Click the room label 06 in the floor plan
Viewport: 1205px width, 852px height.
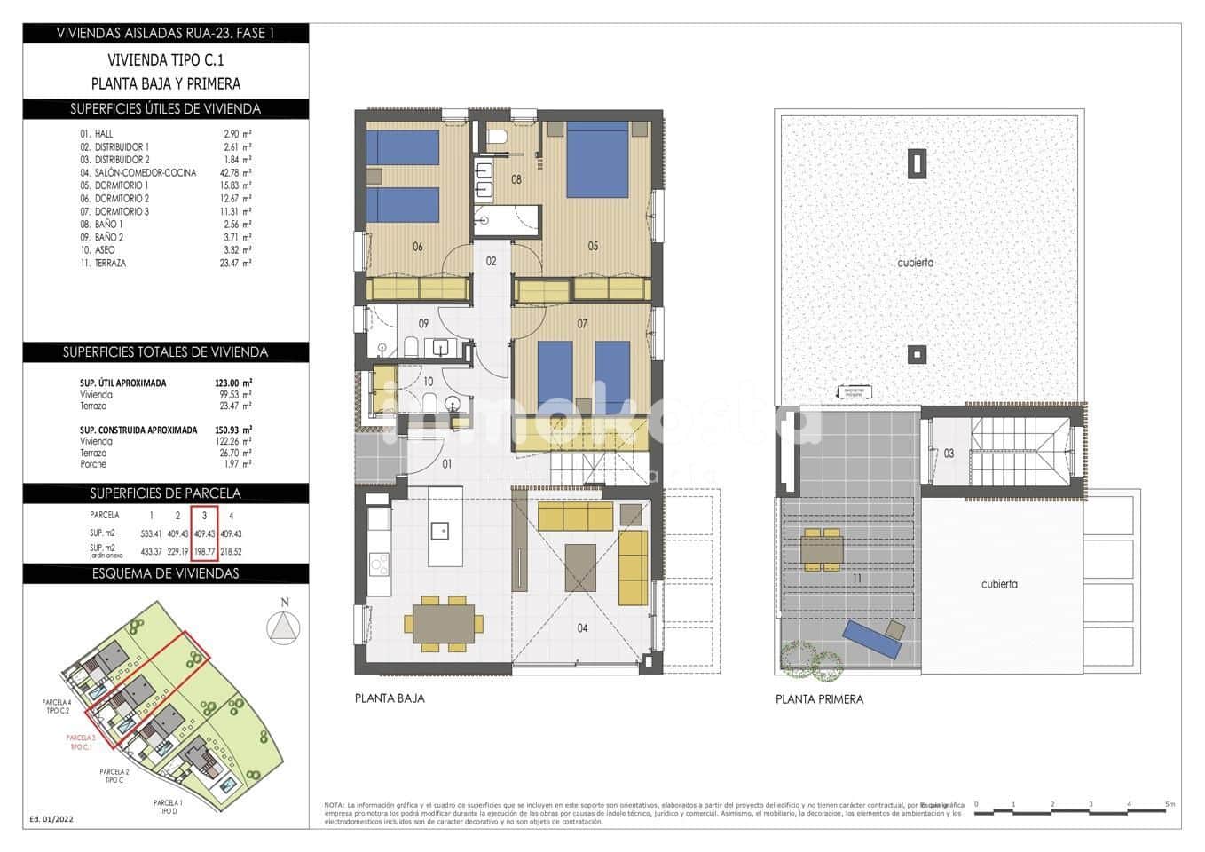pos(417,247)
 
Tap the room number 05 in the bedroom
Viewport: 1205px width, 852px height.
pos(593,247)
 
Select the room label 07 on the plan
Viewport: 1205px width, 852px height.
pos(582,324)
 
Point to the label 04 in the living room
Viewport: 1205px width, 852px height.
pos(582,628)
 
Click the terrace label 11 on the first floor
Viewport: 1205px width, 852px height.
pos(856,579)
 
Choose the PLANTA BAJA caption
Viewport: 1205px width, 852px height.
pos(390,698)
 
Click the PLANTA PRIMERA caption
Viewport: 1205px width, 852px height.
pos(819,699)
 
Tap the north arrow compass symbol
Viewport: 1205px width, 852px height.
pos(284,626)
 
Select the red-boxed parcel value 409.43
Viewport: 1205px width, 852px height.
pos(204,533)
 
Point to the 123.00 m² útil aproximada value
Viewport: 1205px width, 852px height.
pos(233,383)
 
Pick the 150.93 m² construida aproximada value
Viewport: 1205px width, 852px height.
pos(233,430)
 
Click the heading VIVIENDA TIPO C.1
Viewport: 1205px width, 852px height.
pos(166,60)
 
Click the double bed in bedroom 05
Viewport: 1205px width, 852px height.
pos(599,160)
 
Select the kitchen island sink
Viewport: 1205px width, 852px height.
pos(440,531)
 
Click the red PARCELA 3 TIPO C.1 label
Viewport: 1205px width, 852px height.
pos(81,742)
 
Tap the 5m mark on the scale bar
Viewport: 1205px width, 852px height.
pos(1170,805)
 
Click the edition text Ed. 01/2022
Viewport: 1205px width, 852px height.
pos(51,819)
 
